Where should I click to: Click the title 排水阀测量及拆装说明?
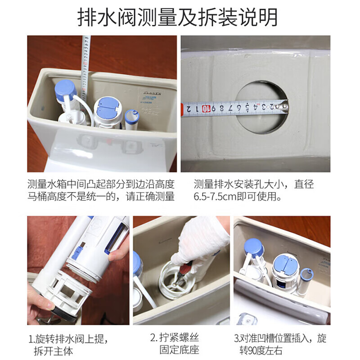[177, 18]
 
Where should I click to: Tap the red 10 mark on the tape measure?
[206, 108]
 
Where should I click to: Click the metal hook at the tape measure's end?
[285, 106]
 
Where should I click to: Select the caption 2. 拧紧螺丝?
[175, 338]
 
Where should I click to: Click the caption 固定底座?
[179, 350]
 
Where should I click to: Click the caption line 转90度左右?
[261, 351]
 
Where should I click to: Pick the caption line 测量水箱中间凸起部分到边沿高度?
[101, 184]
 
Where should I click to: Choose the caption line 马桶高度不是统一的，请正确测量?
[101, 197]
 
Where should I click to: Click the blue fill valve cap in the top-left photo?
[65, 90]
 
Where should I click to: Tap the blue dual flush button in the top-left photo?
[108, 108]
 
